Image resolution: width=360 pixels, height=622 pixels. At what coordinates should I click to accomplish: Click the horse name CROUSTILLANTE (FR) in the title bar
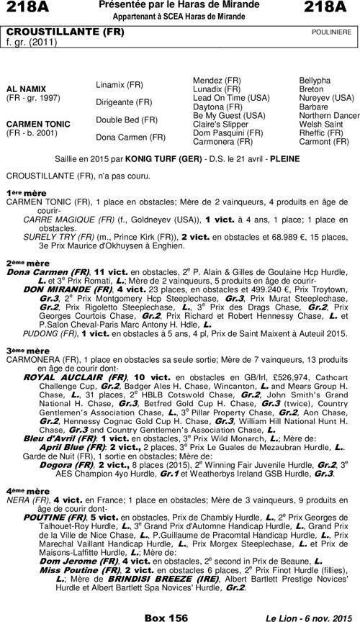(x=44, y=33)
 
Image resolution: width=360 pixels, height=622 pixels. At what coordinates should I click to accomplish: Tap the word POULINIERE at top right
(x=331, y=33)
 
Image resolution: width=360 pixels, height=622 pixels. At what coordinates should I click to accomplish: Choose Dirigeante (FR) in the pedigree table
(x=124, y=102)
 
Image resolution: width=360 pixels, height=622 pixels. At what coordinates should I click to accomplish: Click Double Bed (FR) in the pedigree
(x=126, y=120)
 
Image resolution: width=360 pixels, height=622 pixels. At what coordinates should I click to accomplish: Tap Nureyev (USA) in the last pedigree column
(x=326, y=97)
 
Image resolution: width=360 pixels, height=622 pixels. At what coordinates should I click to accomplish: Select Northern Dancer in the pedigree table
(x=329, y=115)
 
